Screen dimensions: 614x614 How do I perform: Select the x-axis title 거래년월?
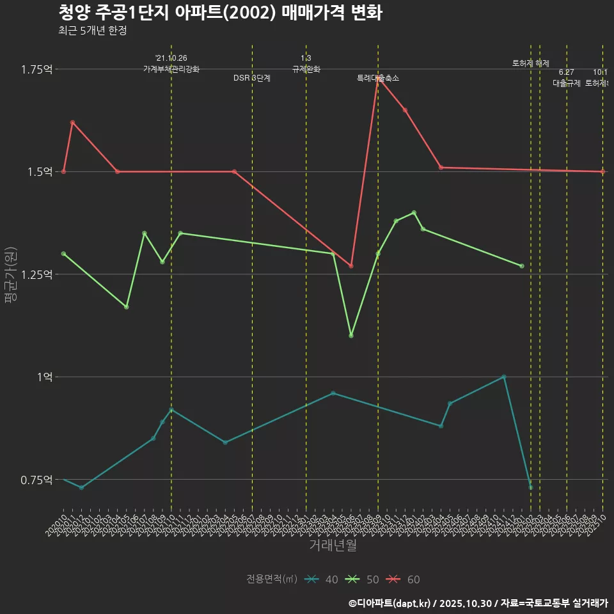(333, 546)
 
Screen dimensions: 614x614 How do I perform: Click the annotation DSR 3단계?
(252, 78)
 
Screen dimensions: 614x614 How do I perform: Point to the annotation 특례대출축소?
(378, 78)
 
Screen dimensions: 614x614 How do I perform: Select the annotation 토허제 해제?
(531, 63)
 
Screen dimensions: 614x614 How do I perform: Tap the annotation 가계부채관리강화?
(171, 68)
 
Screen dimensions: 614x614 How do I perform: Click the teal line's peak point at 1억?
(504, 377)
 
